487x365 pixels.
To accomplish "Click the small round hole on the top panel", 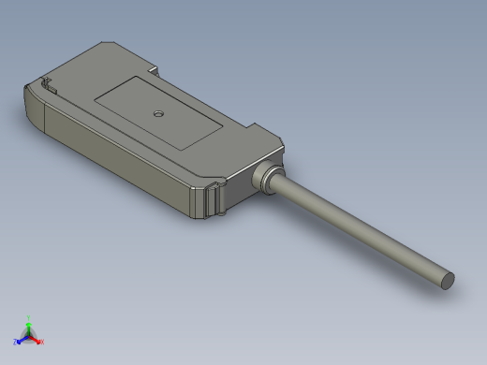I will coord(158,114).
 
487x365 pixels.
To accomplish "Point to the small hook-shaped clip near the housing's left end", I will coord(47,86).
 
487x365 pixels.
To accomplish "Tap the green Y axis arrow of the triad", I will coord(29,322).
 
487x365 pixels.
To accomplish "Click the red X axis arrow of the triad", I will coord(37,339).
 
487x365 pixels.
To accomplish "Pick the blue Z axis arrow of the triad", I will coord(21,339).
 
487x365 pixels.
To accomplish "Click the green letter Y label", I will coord(29,316).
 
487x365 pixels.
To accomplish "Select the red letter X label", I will coord(42,342).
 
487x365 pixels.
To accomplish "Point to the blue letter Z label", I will coord(15,342).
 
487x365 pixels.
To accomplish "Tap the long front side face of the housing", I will coord(112,159).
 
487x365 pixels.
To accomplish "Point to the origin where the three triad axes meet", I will coord(29,334).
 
